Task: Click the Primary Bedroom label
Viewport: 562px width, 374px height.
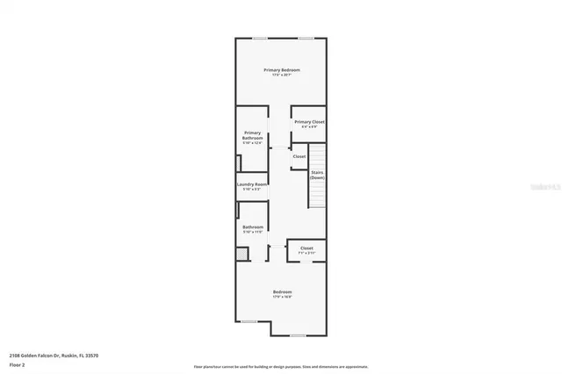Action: pyautogui.click(x=282, y=69)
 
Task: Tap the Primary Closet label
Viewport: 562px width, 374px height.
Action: pyautogui.click(x=309, y=122)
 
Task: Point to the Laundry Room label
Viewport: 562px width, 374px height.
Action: pyautogui.click(x=252, y=184)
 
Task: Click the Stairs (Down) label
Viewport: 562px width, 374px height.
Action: pyautogui.click(x=317, y=175)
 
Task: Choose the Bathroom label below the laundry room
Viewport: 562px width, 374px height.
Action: pyautogui.click(x=253, y=227)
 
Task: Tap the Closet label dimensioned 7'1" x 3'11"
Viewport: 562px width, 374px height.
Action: pyautogui.click(x=306, y=248)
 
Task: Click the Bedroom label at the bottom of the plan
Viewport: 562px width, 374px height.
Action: pyautogui.click(x=282, y=291)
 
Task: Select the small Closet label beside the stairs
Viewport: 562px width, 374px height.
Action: pyautogui.click(x=299, y=156)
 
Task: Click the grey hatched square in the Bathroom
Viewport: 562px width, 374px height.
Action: pyautogui.click(x=241, y=253)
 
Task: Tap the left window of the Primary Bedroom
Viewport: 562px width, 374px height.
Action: pyautogui.click(x=261, y=38)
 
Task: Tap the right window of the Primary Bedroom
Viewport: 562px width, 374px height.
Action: pyautogui.click(x=305, y=38)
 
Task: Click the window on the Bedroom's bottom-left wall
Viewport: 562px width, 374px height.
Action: pyautogui.click(x=249, y=321)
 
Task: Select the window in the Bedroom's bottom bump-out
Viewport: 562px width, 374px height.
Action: pyautogui.click(x=299, y=335)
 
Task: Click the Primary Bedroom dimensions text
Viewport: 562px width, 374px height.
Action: pyautogui.click(x=282, y=75)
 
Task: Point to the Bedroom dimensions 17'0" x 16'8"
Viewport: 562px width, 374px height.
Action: pyautogui.click(x=282, y=297)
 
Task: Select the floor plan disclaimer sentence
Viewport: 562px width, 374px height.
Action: pyautogui.click(x=281, y=366)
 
